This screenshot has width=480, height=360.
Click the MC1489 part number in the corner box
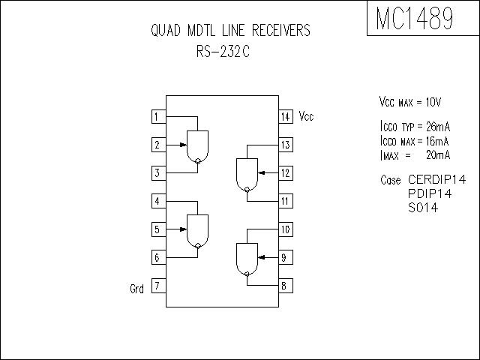click(415, 18)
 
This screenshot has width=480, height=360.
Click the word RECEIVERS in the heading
click(281, 30)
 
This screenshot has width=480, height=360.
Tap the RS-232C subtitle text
click(223, 51)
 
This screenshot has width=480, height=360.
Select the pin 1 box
click(159, 117)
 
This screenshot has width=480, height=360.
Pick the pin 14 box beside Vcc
click(286, 117)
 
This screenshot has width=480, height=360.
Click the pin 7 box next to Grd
click(159, 286)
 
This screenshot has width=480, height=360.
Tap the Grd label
click(136, 288)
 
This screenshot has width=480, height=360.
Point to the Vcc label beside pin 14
click(306, 116)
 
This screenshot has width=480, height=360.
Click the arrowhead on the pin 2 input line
click(183, 145)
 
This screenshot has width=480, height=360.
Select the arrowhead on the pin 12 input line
click(262, 173)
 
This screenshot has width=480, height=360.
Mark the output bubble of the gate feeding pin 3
click(198, 160)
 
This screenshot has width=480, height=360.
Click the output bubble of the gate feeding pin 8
click(247, 274)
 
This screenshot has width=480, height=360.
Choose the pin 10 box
click(286, 229)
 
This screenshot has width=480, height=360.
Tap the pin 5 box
click(159, 229)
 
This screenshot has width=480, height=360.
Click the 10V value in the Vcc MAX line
click(433, 102)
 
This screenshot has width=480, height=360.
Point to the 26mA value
click(438, 126)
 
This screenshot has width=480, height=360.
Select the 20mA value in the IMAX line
click(438, 155)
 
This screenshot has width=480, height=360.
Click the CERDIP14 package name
click(436, 179)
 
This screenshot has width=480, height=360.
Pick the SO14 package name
click(423, 208)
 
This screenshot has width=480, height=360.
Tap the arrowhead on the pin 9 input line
click(262, 257)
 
